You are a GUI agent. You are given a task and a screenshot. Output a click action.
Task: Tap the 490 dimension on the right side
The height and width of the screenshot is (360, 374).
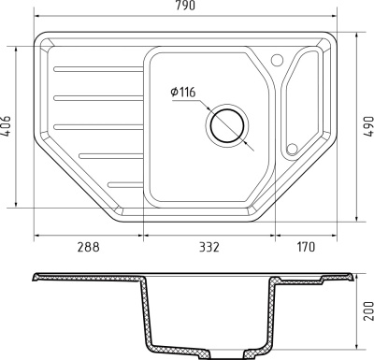point(367,124)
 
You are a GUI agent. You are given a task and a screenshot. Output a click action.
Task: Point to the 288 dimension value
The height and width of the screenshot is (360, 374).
point(86,247)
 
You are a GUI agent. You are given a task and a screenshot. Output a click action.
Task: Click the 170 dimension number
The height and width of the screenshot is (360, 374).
point(306,247)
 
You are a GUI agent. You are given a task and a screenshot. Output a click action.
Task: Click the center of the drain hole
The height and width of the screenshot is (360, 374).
point(226,124)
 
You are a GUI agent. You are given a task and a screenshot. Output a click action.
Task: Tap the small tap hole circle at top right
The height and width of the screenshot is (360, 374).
point(277,60)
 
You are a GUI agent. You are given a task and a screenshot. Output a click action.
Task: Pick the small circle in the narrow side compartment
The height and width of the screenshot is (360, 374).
point(291,148)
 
